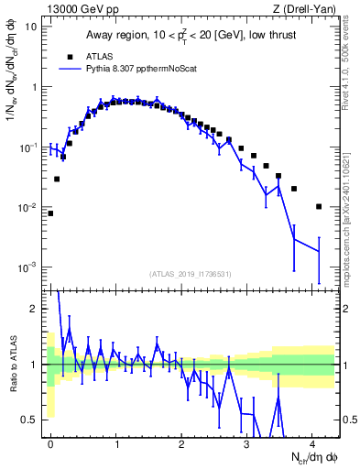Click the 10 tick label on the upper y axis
(31, 27)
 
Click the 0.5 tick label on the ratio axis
(32, 420)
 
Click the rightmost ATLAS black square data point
(319, 206)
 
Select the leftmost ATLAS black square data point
(50, 213)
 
